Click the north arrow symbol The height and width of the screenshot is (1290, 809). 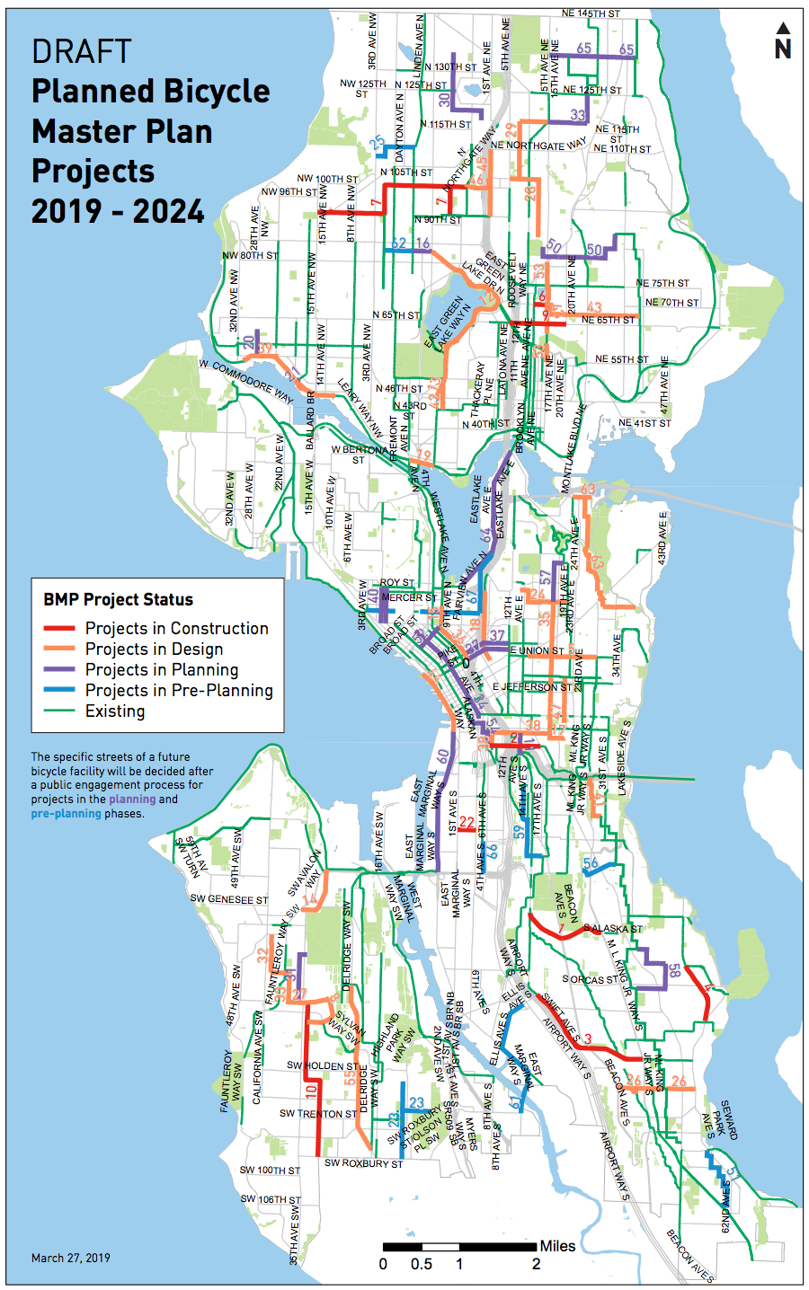click(783, 42)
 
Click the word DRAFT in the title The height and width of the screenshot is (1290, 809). click(82, 52)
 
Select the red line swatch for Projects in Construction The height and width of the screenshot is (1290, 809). click(59, 629)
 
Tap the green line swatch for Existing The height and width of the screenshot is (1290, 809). click(59, 711)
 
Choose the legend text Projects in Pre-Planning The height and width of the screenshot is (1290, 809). click(179, 691)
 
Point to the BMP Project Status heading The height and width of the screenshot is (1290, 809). click(118, 599)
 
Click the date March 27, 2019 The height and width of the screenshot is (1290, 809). click(71, 1258)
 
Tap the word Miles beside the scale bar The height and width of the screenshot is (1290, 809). click(557, 1246)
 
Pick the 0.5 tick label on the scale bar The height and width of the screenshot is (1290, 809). click(422, 1265)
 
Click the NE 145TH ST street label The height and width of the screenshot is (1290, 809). click(591, 14)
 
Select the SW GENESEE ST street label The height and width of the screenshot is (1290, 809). click(228, 899)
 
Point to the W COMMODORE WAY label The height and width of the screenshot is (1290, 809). click(246, 382)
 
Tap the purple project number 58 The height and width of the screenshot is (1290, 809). click(674, 971)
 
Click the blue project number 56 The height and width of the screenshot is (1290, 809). click(591, 864)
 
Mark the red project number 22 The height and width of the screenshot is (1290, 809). click(467, 822)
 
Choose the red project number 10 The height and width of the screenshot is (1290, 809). click(311, 1091)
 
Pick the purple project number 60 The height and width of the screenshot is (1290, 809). click(443, 757)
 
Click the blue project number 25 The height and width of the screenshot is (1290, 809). click(378, 143)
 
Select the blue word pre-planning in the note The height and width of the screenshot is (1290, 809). click(66, 813)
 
